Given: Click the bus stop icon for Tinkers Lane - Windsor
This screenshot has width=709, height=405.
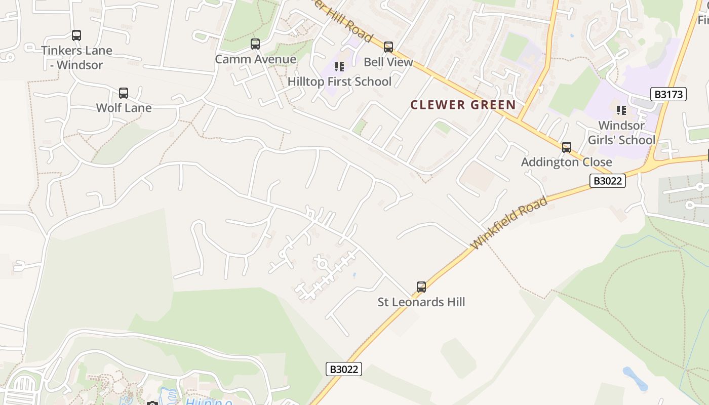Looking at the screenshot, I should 76,35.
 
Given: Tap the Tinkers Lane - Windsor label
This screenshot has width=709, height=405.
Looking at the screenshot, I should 76,58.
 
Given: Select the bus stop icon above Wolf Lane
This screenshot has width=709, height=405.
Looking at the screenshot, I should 124,93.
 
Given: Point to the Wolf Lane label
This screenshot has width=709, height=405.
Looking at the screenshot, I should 124,108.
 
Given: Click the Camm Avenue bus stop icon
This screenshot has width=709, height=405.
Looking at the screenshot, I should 255,44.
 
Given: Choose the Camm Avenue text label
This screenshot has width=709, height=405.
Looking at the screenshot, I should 255,59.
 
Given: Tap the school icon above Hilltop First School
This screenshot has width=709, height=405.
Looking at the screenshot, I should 339,67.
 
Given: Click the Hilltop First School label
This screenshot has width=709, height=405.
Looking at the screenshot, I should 339,82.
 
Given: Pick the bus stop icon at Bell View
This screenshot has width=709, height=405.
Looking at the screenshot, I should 388,47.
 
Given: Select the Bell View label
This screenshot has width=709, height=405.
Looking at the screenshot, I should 388,62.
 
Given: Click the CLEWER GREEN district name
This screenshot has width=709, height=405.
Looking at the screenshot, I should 463,105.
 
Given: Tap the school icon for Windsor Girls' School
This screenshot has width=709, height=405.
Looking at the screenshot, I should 621,110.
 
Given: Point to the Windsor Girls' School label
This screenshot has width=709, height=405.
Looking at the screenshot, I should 621,133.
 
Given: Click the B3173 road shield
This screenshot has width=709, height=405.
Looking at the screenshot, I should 668,94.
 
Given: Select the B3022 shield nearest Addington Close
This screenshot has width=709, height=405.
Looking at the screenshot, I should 607,181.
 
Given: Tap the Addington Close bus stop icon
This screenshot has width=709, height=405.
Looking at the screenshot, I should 567,147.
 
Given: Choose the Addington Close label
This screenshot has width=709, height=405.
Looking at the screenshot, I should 566,162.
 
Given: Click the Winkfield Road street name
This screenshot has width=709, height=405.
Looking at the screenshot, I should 509,223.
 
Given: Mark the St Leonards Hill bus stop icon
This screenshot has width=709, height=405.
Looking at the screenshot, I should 421,287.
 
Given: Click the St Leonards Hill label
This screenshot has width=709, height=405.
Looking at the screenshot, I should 421,302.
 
